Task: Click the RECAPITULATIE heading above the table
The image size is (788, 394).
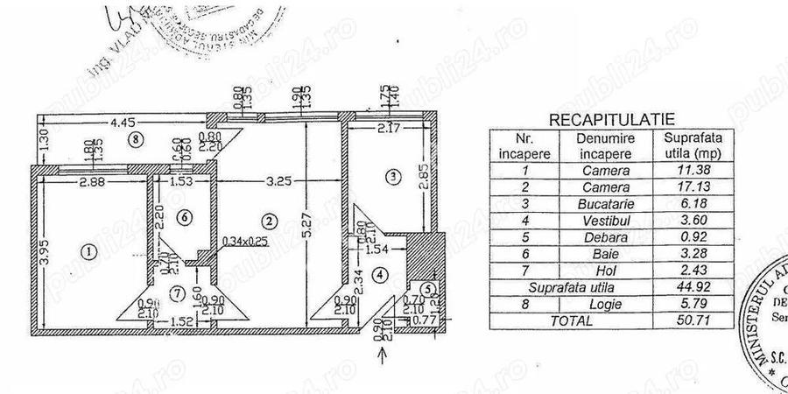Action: pos(612,117)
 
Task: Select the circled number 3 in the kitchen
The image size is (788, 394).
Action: pos(394,178)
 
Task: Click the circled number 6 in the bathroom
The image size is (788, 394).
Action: pos(182,216)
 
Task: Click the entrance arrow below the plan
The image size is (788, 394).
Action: pos(381,354)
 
